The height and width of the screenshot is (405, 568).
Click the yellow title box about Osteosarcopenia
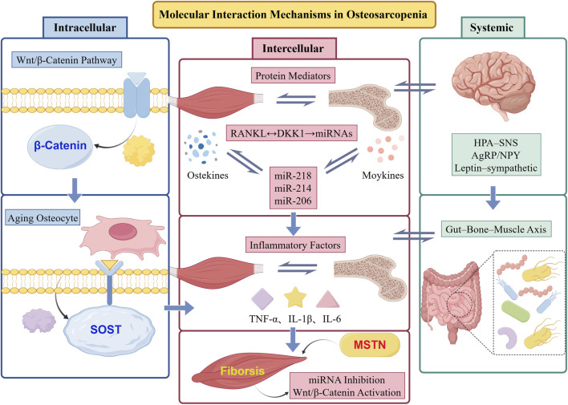pyautogui.click(x=294, y=14)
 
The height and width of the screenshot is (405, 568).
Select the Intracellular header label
pyautogui.click(x=85, y=27)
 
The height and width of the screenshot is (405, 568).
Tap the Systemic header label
pyautogui.click(x=493, y=27)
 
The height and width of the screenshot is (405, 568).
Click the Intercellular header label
pyautogui.click(x=294, y=49)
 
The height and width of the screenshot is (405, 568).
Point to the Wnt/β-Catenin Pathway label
pyautogui.click(x=67, y=60)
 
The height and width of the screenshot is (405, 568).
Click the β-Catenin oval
pyautogui.click(x=60, y=146)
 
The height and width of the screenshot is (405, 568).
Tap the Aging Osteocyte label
pyautogui.click(x=43, y=218)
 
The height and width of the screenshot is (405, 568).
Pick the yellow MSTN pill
pyautogui.click(x=370, y=344)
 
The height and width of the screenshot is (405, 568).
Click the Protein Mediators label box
pyautogui.click(x=293, y=76)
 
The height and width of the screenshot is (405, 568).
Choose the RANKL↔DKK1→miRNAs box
pyautogui.click(x=291, y=133)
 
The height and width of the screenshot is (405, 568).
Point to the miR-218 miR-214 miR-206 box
pyautogui.click(x=293, y=188)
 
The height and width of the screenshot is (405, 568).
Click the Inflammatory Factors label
pyautogui.click(x=295, y=245)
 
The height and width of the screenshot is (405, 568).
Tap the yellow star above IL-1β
pyautogui.click(x=295, y=298)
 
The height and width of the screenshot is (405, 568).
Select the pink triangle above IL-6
pyautogui.click(x=328, y=300)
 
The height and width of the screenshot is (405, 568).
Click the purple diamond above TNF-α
pyautogui.click(x=262, y=299)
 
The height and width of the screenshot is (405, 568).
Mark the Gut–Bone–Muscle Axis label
pyautogui.click(x=496, y=229)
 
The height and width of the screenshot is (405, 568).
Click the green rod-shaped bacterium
pyautogui.click(x=516, y=311)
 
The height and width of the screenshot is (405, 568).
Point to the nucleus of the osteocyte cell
pyautogui.click(x=124, y=231)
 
